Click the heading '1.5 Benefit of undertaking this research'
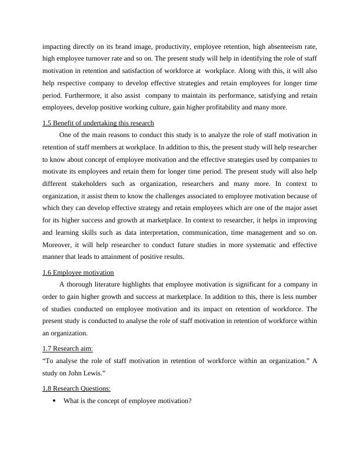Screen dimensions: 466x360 click(x=98, y=123)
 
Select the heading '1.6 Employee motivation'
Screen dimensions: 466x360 click(x=78, y=272)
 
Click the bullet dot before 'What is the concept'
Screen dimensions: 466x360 click(x=54, y=401)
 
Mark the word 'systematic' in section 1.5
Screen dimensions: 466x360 click(x=252, y=245)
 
